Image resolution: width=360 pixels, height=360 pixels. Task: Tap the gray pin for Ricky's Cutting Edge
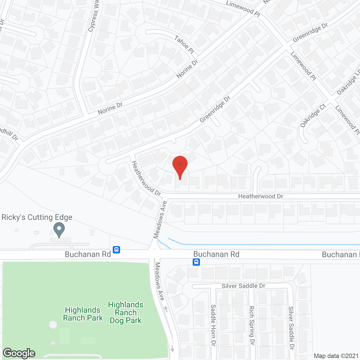pos(59,229)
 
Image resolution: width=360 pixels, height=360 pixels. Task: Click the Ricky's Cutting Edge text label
pos(37,217)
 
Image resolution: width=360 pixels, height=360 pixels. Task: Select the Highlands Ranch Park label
pos(83,314)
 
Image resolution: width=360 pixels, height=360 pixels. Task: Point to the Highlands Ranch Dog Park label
pos(126,312)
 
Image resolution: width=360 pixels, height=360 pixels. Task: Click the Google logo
pos(19,353)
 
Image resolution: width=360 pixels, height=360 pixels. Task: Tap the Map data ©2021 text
pos(336,356)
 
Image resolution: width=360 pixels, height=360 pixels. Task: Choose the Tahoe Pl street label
pos(184,44)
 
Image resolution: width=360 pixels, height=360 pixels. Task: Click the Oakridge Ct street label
pos(313,115)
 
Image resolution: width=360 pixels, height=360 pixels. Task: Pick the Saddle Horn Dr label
pos(213,325)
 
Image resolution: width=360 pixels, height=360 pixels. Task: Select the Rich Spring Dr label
pos(252,325)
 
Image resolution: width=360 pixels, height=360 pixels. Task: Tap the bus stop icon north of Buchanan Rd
pos(116,249)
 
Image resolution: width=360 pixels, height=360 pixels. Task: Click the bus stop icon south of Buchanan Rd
pos(196,262)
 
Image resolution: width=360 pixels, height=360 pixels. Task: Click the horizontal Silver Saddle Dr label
pos(243,286)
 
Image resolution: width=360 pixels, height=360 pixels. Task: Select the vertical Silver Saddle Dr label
pos(291,328)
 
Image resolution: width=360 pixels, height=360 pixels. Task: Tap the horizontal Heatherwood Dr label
pos(260,196)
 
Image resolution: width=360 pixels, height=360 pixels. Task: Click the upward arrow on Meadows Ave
pos(166,309)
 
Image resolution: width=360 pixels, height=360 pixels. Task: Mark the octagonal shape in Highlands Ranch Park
pos(53,325)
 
